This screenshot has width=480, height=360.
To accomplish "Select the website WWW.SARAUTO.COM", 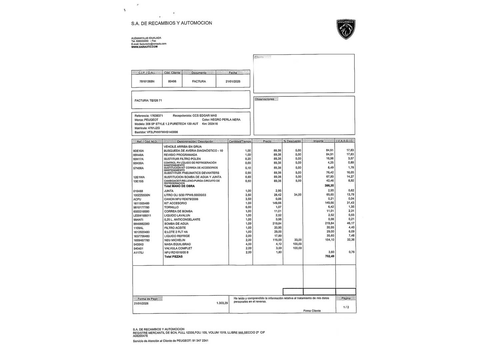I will coord(144,47).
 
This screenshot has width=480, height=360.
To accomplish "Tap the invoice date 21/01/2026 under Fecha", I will coord(233,81).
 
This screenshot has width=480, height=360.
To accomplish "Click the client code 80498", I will coord(172,81).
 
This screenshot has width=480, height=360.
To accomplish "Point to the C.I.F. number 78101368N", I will coord(147,81).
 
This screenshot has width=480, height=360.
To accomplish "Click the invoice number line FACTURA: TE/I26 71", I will coord(148,100).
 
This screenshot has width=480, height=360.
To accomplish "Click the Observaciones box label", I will coord(265,99).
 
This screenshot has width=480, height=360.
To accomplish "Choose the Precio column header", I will coord(267,141).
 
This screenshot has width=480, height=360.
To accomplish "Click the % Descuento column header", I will coord(292,141).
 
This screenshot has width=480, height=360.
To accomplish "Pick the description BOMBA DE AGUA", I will coord(176,224).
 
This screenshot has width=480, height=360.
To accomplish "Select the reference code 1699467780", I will coord(141,240).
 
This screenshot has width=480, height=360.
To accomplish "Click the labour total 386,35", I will coord(329,185).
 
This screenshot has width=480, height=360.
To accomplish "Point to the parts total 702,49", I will coord(329,256).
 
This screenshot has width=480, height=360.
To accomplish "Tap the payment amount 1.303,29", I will coord(222,303).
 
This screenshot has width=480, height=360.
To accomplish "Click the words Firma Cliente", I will coord(312,311).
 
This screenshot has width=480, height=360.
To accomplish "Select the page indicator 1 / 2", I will coord(346,307).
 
